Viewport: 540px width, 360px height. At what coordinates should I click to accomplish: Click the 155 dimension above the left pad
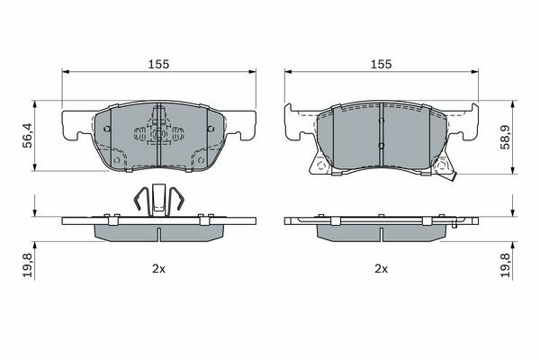tap(158, 64)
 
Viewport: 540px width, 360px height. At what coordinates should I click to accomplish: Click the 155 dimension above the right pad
tap(381, 64)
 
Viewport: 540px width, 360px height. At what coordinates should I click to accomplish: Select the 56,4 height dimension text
tap(28, 135)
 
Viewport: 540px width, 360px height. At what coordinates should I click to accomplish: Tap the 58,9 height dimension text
tap(506, 136)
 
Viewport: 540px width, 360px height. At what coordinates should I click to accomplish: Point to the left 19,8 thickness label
tap(28, 265)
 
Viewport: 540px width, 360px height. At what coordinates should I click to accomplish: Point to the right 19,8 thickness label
tap(506, 265)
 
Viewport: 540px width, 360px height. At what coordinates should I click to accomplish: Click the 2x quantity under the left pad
tap(158, 269)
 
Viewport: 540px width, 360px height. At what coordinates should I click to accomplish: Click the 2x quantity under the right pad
tap(382, 269)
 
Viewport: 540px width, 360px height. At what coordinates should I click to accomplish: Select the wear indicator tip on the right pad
tap(452, 176)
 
